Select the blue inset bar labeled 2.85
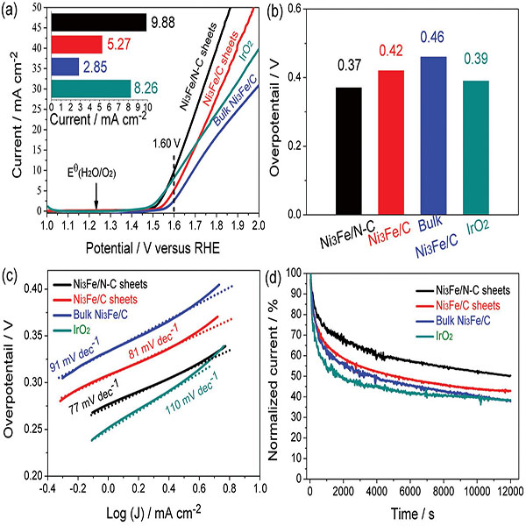coord(66,67)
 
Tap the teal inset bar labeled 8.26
coord(90,88)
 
